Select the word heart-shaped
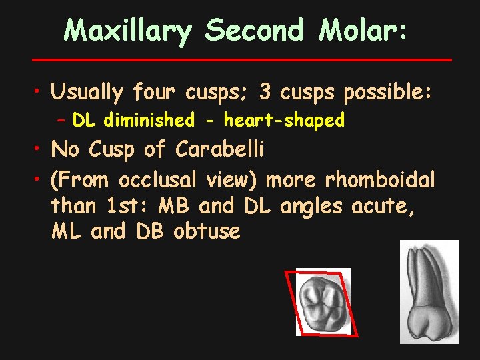click(284, 121)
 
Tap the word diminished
click(149, 121)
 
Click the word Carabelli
click(220, 150)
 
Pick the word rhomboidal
click(380, 180)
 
